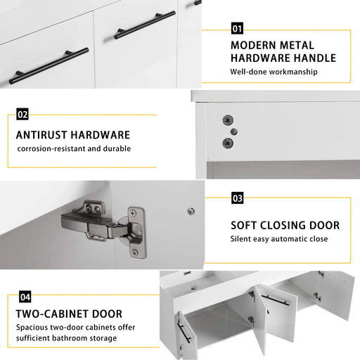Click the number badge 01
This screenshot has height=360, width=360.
pyautogui.click(x=237, y=29)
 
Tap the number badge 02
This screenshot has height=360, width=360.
pyautogui.click(x=22, y=114)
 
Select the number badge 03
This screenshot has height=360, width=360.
pyautogui.click(x=237, y=198)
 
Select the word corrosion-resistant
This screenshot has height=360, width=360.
pyautogui.click(x=53, y=148)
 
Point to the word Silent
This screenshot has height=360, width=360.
pyautogui.click(x=243, y=239)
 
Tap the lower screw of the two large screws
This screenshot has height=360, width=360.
pyautogui.click(x=227, y=142)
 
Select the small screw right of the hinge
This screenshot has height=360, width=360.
pyautogui.click(x=191, y=211)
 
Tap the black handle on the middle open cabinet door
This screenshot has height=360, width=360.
pyautogui.click(x=275, y=300)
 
